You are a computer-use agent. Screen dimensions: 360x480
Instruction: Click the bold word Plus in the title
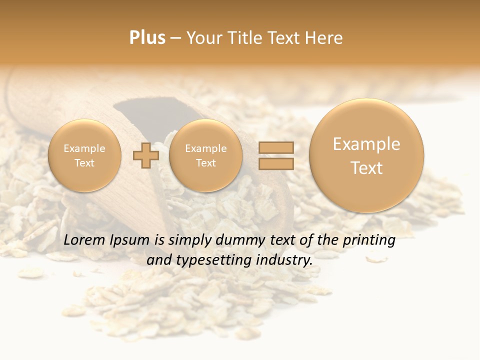pyautogui.click(x=147, y=38)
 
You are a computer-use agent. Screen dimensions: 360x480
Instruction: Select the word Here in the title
pyautogui.click(x=325, y=38)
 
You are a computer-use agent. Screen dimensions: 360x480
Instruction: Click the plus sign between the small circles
pyautogui.click(x=146, y=155)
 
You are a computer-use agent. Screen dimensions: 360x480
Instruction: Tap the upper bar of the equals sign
pyautogui.click(x=275, y=147)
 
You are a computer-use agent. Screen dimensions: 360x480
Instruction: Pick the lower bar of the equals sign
pyautogui.click(x=275, y=163)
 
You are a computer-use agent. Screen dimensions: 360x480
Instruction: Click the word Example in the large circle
pyautogui.click(x=366, y=144)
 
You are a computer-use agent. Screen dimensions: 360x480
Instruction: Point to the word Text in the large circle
pyautogui.click(x=366, y=168)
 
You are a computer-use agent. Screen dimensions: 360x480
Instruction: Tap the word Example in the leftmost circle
pyautogui.click(x=84, y=148)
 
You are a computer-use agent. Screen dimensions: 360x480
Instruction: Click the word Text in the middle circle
pyautogui.click(x=205, y=163)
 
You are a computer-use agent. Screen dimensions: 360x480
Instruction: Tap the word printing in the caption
pyautogui.click(x=368, y=240)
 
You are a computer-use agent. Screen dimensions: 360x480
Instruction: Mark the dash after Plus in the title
pyautogui.click(x=175, y=38)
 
